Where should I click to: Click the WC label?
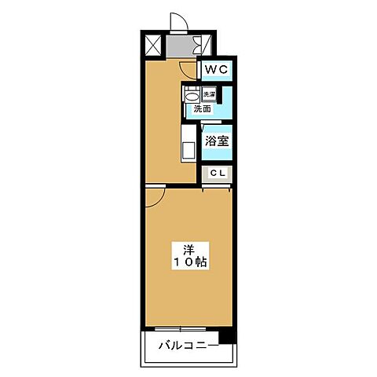[216, 70]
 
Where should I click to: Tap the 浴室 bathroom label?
[217, 141]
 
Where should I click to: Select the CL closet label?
[218, 173]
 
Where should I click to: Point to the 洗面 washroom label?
[203, 109]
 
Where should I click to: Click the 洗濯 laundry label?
[209, 95]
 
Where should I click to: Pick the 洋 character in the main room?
[189, 249]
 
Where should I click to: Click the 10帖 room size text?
[189, 263]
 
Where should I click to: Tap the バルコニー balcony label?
[186, 345]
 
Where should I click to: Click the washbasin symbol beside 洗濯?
[191, 95]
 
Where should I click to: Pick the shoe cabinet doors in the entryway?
[206, 46]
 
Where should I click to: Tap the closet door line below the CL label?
[218, 185]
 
